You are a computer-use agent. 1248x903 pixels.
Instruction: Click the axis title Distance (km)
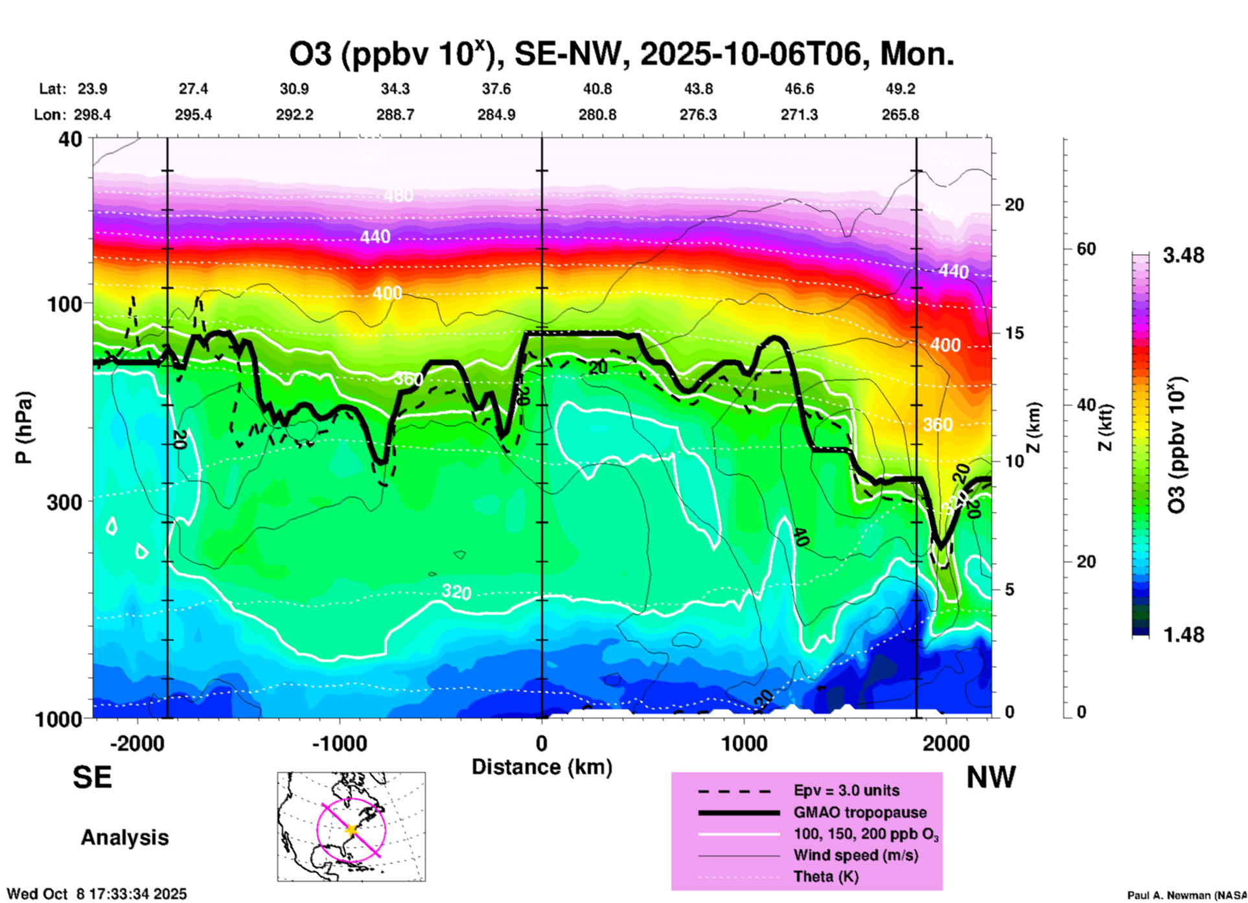click(542, 767)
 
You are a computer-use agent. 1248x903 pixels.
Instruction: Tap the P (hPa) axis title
click(24, 428)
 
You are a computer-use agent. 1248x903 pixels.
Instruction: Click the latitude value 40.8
click(597, 89)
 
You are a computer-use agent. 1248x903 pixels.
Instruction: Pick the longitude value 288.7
click(395, 115)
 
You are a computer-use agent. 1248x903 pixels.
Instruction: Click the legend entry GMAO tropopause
click(860, 812)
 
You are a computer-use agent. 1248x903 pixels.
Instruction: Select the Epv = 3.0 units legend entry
click(846, 791)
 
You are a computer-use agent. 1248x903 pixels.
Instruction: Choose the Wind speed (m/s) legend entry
click(855, 856)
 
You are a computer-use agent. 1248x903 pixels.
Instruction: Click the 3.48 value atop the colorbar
click(1183, 256)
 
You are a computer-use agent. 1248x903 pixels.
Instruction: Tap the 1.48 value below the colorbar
click(1183, 635)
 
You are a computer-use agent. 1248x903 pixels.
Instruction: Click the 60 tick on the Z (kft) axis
click(1086, 249)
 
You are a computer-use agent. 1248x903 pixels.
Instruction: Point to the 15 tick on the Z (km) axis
click(1014, 333)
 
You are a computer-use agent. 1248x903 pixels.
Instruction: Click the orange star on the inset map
click(351, 830)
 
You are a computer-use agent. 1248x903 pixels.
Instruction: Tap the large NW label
click(991, 777)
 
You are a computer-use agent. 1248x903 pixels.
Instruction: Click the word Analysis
click(124, 838)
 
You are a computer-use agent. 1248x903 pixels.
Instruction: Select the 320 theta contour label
click(456, 591)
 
